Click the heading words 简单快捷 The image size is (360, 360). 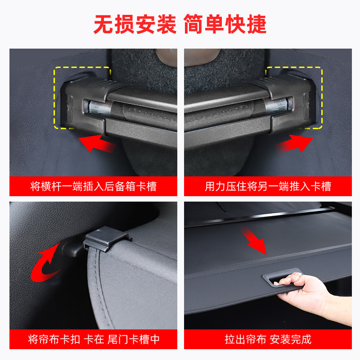225,25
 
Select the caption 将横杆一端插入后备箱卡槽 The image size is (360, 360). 93,186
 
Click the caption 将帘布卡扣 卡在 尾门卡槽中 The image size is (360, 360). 93,339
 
